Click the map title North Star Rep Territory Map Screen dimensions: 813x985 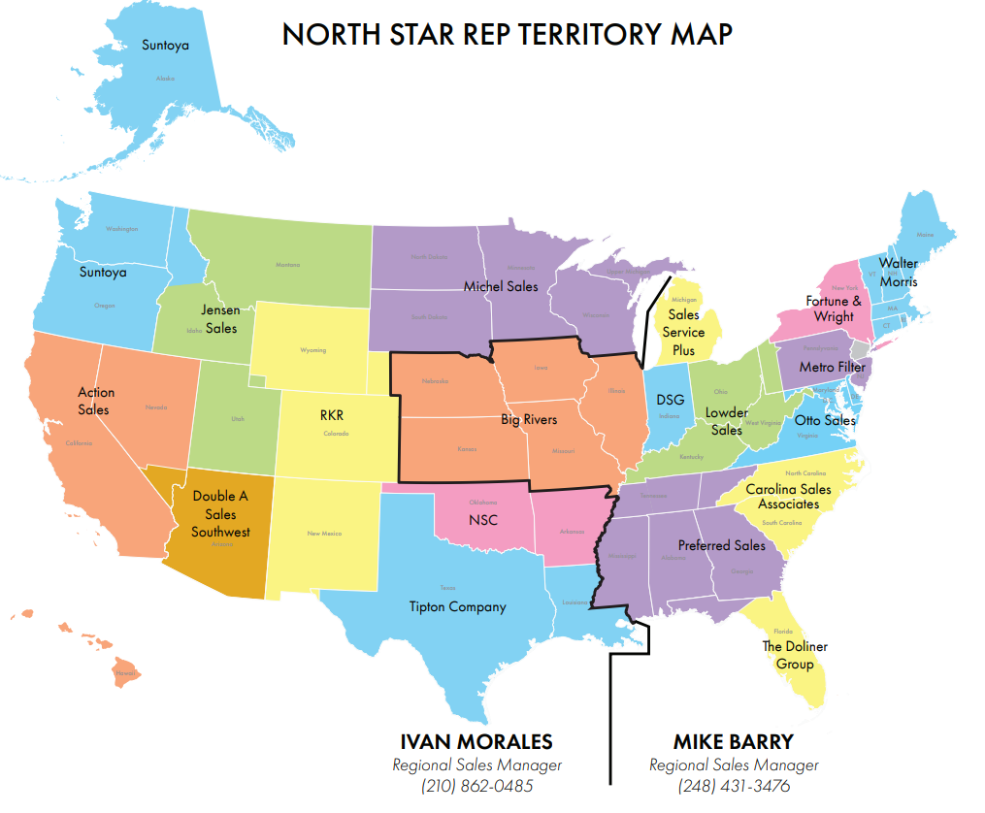[507, 34]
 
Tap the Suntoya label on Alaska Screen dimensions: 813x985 [165, 45]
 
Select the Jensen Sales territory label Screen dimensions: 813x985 [220, 319]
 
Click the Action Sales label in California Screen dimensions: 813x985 [95, 401]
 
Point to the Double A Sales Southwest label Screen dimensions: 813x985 [220, 513]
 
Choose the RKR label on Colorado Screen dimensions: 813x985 [332, 415]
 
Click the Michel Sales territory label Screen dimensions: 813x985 [500, 286]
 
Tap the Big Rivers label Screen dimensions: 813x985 [529, 420]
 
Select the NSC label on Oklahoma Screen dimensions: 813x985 [482, 520]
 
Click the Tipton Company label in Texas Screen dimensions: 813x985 [457, 606]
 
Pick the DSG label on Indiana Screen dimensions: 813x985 [670, 400]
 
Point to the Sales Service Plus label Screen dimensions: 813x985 [683, 332]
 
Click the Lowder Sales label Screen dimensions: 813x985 [726, 421]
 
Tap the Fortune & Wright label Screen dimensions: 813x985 [834, 309]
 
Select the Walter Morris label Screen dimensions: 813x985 [898, 272]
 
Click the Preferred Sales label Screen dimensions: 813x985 [721, 545]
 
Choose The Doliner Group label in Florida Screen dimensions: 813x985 [794, 655]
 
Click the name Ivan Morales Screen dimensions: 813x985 [476, 742]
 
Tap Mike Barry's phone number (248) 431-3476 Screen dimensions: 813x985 [734, 786]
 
